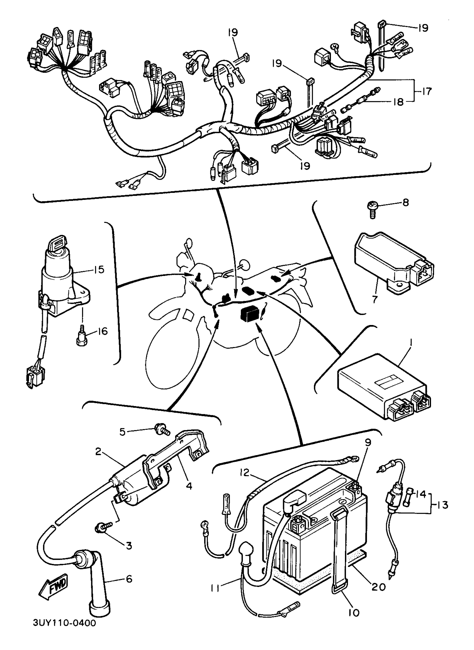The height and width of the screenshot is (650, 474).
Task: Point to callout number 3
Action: (129, 545)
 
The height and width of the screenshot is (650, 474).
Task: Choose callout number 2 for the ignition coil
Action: (98, 452)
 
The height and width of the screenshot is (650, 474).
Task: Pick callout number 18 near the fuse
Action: (398, 102)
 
